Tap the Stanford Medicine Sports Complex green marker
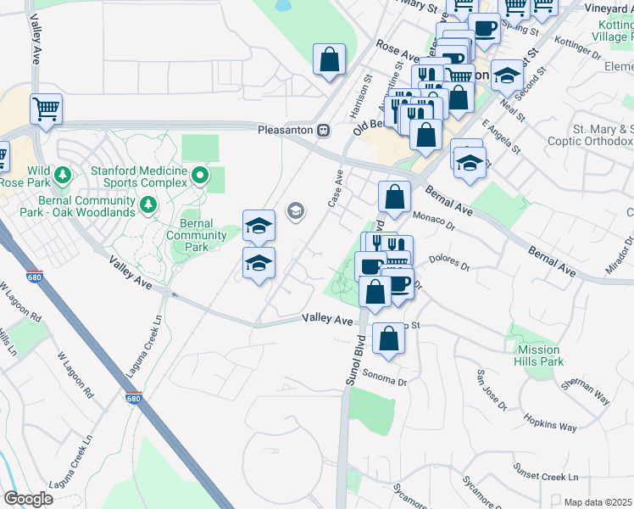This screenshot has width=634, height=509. (200, 176)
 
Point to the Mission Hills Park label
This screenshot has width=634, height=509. (539, 355)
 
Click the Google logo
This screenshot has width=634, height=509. (28, 499)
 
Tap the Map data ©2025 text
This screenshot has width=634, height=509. (598, 502)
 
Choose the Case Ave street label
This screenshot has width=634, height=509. (334, 189)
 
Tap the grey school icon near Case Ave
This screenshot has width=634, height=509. (296, 210)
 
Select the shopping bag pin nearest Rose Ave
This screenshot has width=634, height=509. (330, 60)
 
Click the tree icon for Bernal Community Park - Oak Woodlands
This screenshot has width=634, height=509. (148, 204)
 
